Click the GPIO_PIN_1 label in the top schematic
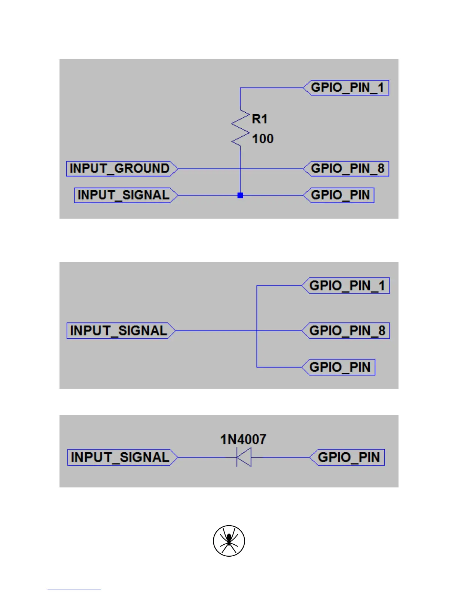(x=347, y=88)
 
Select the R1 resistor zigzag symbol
(x=240, y=128)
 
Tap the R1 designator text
(x=259, y=119)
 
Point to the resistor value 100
(x=263, y=139)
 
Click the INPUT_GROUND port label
(x=120, y=168)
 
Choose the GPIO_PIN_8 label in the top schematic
(x=347, y=168)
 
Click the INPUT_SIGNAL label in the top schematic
(x=124, y=195)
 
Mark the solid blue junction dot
(x=240, y=195)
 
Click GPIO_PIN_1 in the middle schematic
(x=347, y=286)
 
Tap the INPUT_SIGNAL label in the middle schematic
(x=119, y=331)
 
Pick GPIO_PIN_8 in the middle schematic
(x=347, y=331)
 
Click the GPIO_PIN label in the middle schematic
(x=340, y=367)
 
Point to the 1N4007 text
(x=243, y=439)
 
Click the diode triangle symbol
(x=244, y=457)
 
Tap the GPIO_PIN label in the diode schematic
(x=348, y=457)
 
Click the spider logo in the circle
(x=229, y=541)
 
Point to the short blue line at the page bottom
(x=74, y=590)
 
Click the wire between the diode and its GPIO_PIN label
(x=281, y=457)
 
